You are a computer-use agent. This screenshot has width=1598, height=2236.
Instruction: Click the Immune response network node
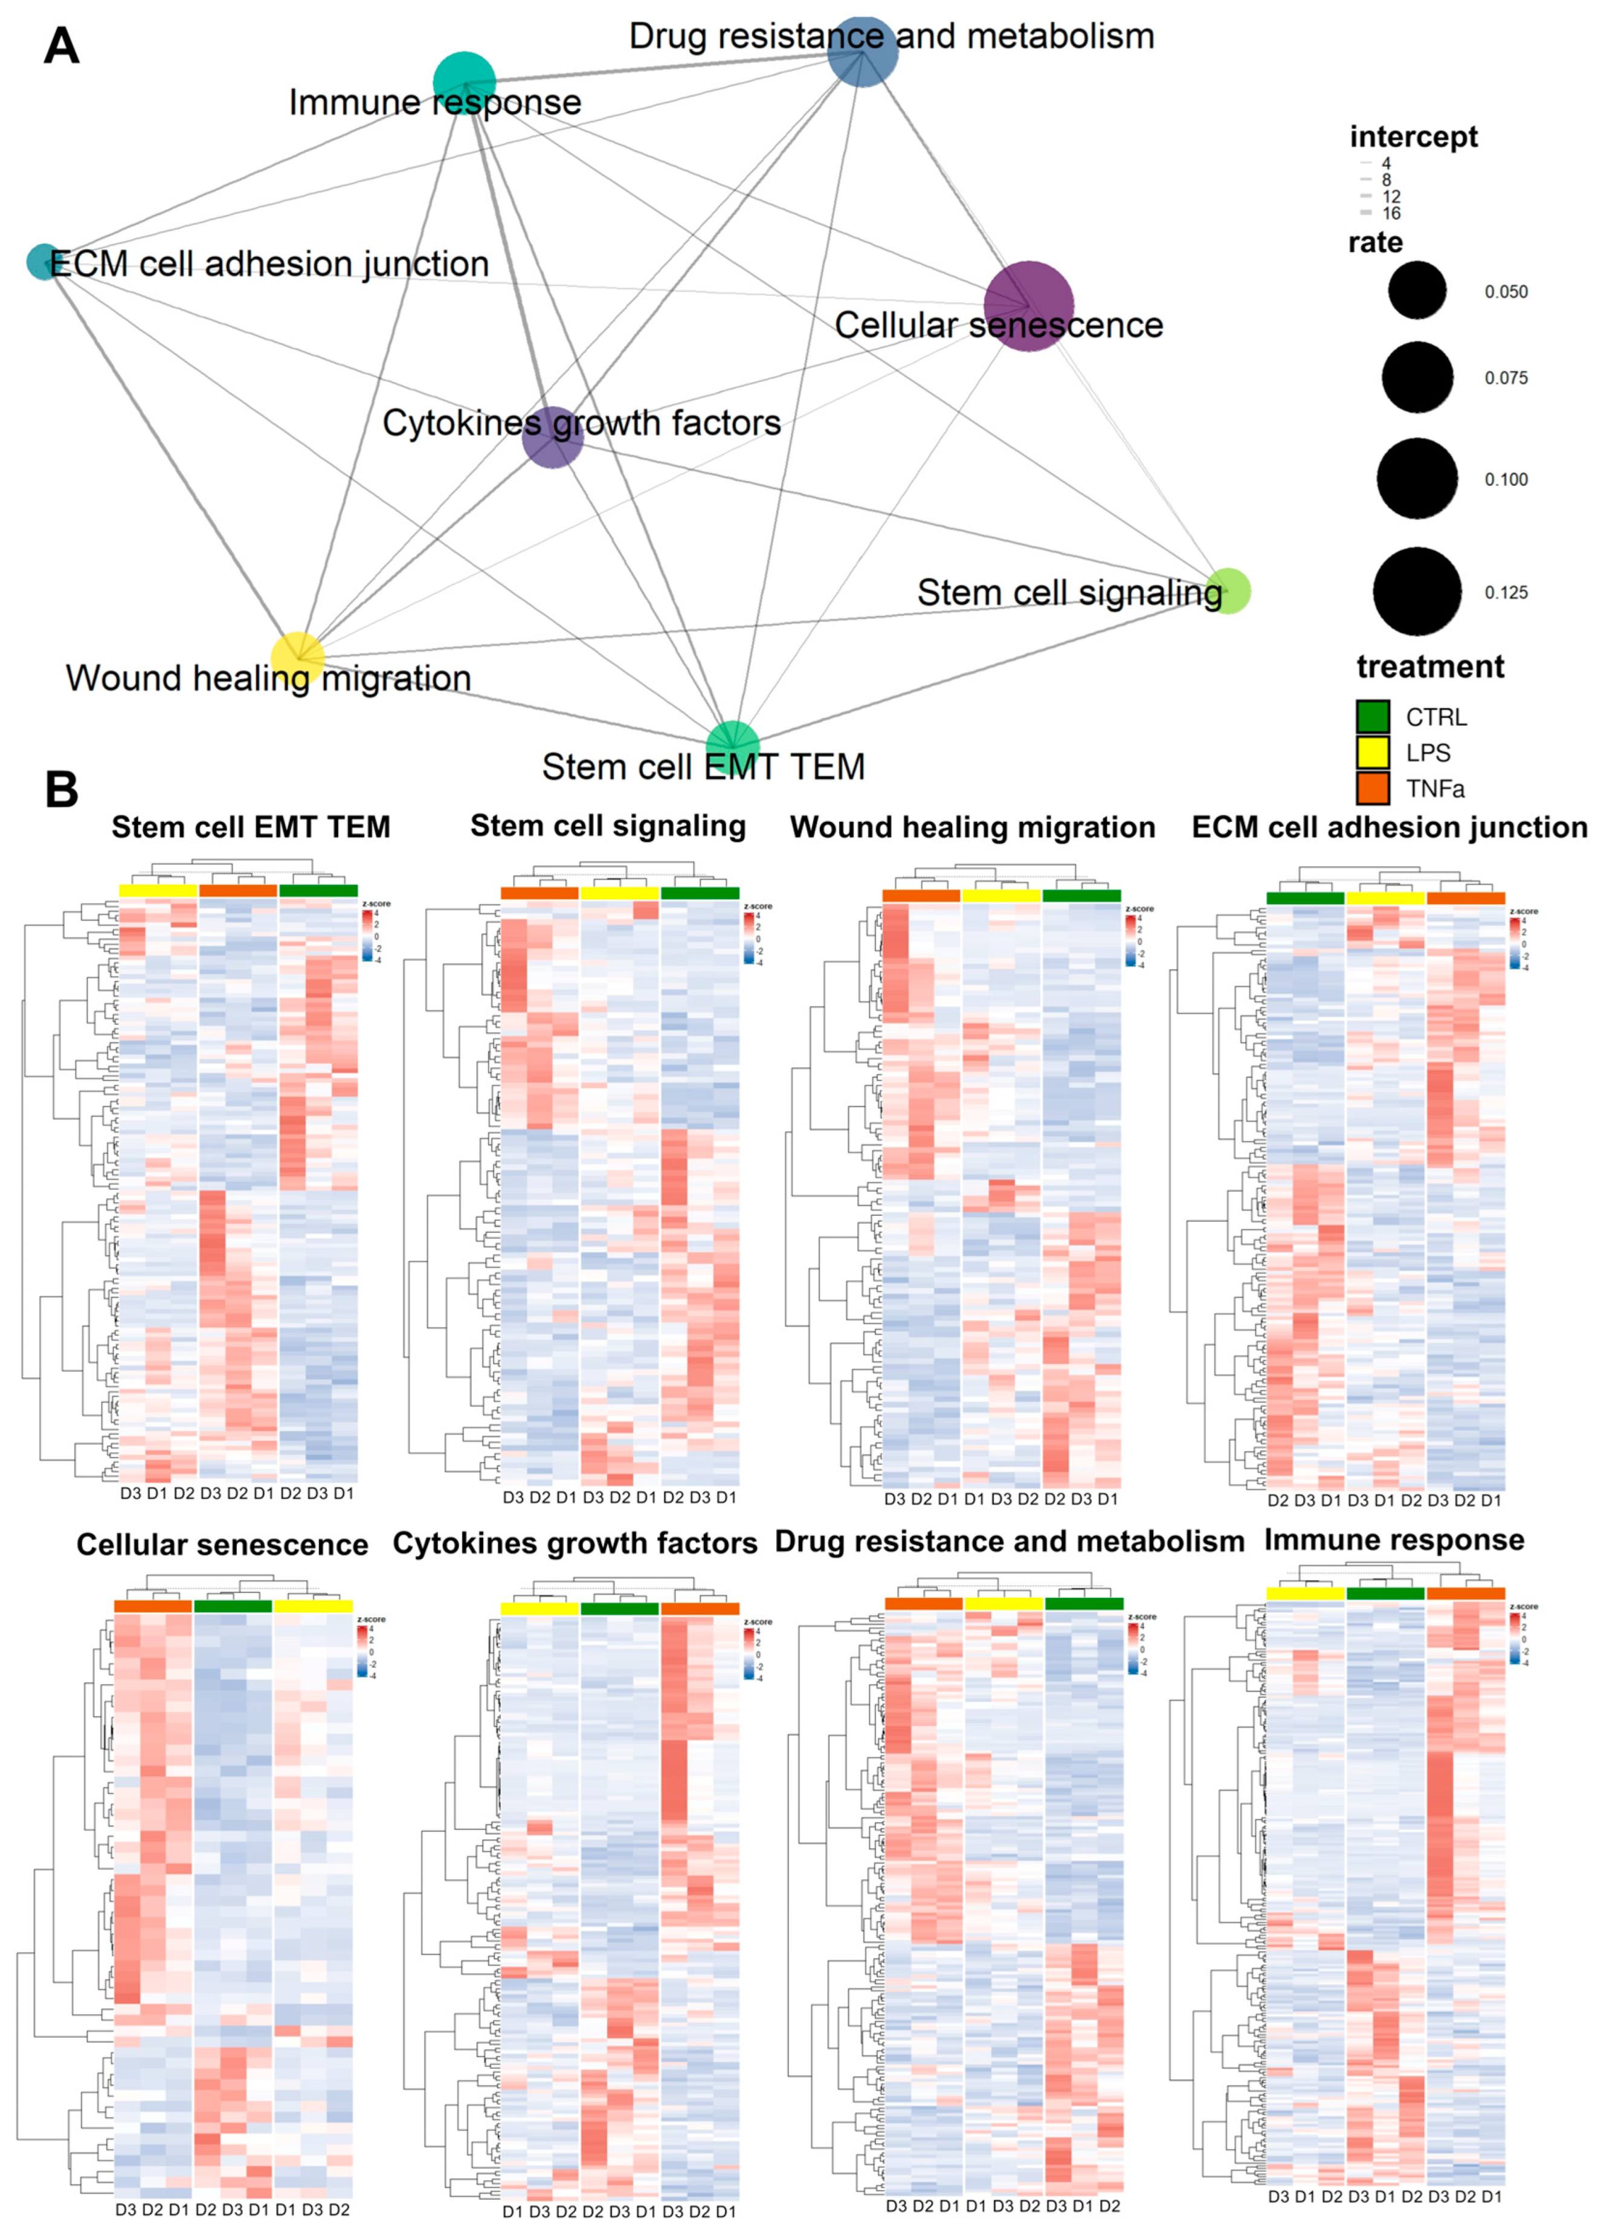[x=465, y=83]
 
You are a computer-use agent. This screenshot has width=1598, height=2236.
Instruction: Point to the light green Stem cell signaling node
[x=1227, y=590]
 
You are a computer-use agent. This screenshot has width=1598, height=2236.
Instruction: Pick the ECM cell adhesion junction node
[x=43, y=262]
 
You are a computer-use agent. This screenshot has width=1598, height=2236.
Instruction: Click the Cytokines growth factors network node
[x=553, y=437]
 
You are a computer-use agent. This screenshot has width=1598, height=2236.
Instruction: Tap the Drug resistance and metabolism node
[x=863, y=51]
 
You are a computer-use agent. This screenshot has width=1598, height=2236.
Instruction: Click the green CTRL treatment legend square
[x=1373, y=717]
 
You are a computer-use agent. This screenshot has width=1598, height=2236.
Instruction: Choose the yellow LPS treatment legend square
[x=1373, y=753]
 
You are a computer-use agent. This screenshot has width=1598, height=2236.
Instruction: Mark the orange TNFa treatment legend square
[x=1373, y=788]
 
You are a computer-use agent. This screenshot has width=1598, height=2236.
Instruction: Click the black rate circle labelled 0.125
[x=1417, y=592]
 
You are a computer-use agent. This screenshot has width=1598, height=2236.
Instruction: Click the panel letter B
[x=62, y=789]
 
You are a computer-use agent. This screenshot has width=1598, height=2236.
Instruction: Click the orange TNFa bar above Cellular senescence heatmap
[x=152, y=1606]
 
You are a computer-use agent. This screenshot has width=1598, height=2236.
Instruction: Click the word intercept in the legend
[x=1413, y=137]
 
